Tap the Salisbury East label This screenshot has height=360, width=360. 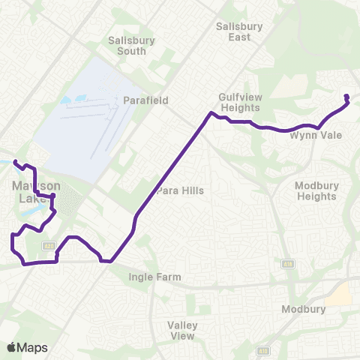(x=238, y=31)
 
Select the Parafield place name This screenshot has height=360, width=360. (x=146, y=100)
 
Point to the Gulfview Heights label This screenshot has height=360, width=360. (x=238, y=102)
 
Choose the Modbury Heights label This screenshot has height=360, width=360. (x=316, y=190)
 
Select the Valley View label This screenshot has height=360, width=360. (x=182, y=330)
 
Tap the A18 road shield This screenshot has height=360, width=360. (x=288, y=264)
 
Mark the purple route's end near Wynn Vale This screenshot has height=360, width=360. (x=346, y=96)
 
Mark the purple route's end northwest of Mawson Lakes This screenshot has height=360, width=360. (x=15, y=160)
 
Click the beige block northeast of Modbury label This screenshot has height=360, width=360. (x=340, y=293)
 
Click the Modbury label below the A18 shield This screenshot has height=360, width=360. (x=301, y=309)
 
